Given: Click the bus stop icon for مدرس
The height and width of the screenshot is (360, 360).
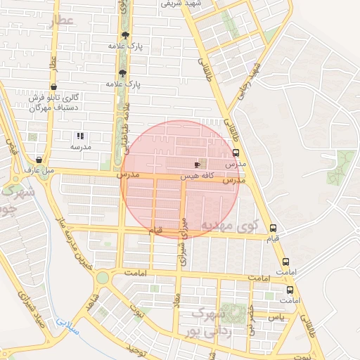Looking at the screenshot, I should pyautogui.click(x=236, y=153).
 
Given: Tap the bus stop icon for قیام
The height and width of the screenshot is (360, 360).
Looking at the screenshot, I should pyautogui.click(x=274, y=228).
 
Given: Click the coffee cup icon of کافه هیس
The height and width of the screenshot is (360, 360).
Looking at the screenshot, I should pyautogui.click(x=196, y=164).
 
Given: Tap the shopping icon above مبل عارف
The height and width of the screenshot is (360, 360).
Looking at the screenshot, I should pyautogui.click(x=39, y=159).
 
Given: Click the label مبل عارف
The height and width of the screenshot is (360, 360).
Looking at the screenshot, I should pyautogui.click(x=39, y=169).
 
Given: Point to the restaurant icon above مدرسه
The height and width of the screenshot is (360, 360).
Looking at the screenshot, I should pyautogui.click(x=79, y=136).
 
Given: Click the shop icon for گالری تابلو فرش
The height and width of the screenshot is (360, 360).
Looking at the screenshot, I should pyautogui.click(x=54, y=87).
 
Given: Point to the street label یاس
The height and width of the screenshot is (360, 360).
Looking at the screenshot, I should pyautogui.click(x=276, y=319).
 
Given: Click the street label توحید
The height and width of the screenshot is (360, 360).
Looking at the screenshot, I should pyautogui.click(x=135, y=347).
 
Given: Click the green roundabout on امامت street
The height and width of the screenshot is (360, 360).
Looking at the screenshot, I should pyautogui.click(x=103, y=278).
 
